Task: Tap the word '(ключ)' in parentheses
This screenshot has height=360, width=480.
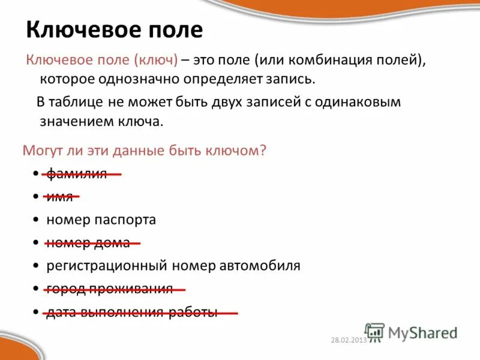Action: (x=156, y=60)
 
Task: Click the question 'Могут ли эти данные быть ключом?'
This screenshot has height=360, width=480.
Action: (x=144, y=151)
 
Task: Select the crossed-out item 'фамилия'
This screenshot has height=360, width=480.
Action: (x=77, y=174)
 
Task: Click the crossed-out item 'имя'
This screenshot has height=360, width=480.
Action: (x=59, y=197)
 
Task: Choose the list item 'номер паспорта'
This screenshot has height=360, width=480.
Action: (x=101, y=220)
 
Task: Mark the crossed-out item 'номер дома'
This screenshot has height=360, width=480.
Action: (x=88, y=242)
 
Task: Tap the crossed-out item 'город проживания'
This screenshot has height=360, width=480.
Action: (x=109, y=289)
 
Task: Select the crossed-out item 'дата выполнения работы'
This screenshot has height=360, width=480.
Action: (x=132, y=312)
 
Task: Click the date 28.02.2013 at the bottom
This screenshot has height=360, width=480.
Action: (x=348, y=340)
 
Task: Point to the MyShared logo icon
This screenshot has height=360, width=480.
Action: (x=374, y=332)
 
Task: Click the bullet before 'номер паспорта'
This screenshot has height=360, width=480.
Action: (x=37, y=220)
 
